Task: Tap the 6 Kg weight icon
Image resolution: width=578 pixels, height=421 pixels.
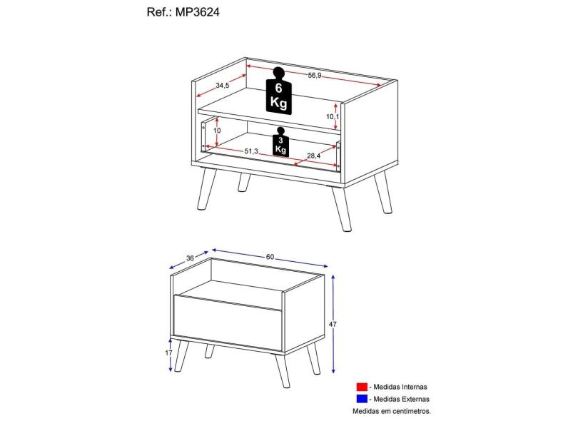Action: pyautogui.click(x=278, y=91)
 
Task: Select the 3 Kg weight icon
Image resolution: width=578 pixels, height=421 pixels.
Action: pyautogui.click(x=280, y=142)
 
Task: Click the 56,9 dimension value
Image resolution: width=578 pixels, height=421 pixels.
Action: pyautogui.click(x=314, y=76)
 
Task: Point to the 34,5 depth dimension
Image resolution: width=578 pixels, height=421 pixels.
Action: pyautogui.click(x=222, y=86)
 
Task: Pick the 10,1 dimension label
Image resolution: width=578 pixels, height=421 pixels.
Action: pyautogui.click(x=331, y=116)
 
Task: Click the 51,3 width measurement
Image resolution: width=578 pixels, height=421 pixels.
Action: pyautogui.click(x=251, y=151)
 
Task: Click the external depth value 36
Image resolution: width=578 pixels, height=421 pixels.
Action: pyautogui.click(x=190, y=258)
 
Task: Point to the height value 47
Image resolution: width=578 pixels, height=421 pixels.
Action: pyautogui.click(x=333, y=324)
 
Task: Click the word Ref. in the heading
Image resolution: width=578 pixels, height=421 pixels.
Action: pyautogui.click(x=156, y=12)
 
